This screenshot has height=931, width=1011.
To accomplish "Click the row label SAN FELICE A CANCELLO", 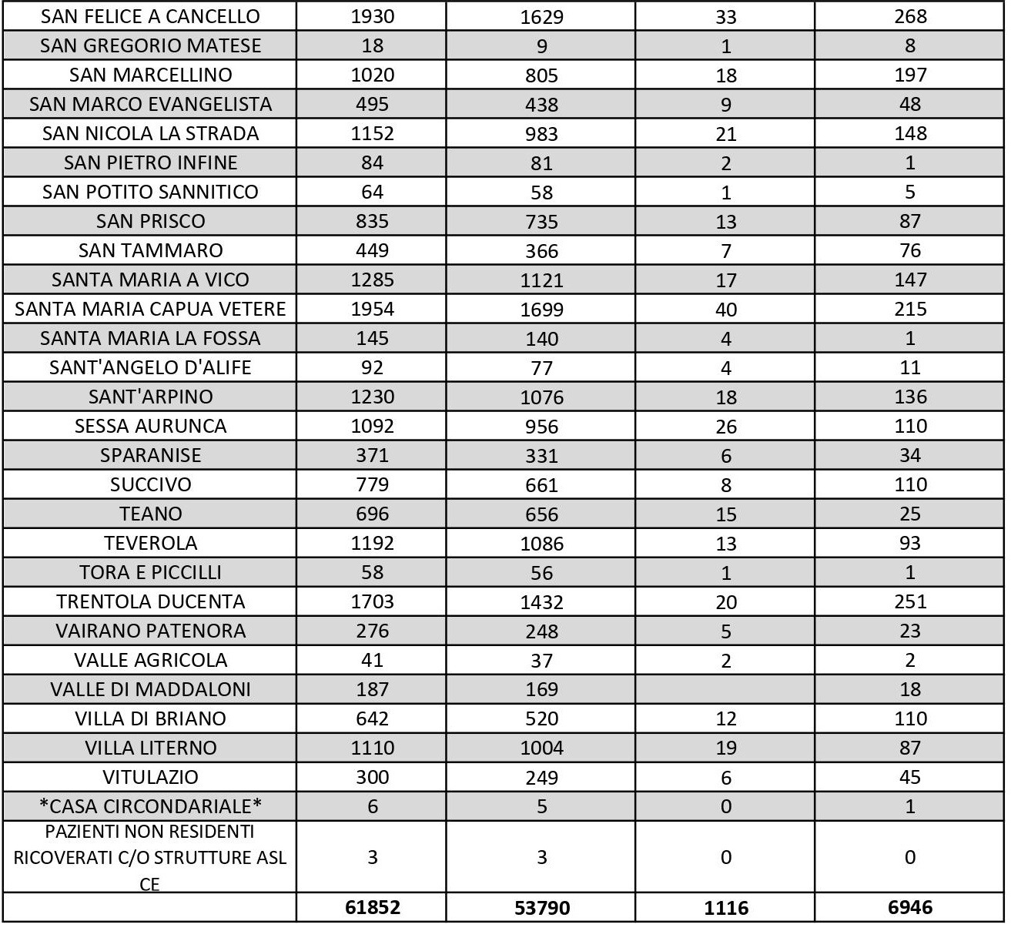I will pyautogui.click(x=150, y=16).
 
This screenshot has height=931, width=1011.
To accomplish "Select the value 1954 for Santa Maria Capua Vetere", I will pyautogui.click(x=372, y=309).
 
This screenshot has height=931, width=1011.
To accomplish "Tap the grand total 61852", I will pyautogui.click(x=372, y=907).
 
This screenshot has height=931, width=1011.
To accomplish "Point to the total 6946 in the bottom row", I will pyautogui.click(x=910, y=907).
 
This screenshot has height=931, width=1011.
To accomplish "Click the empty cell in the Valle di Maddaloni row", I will pyautogui.click(x=725, y=689).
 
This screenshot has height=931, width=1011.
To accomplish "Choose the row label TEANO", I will pyautogui.click(x=150, y=514).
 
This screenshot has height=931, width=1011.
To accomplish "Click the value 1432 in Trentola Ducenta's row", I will pyautogui.click(x=541, y=602).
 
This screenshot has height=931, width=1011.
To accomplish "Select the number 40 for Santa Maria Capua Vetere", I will pyautogui.click(x=725, y=310).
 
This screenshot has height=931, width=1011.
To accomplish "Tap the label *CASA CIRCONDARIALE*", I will pyautogui.click(x=150, y=806).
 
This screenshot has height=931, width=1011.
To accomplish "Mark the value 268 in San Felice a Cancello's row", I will pyautogui.click(x=910, y=16).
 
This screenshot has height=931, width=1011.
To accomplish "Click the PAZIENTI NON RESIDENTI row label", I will pyautogui.click(x=150, y=857).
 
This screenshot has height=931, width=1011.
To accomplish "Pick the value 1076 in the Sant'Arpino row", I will pyautogui.click(x=541, y=397).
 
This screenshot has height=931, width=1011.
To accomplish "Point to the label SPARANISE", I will pyautogui.click(x=150, y=455).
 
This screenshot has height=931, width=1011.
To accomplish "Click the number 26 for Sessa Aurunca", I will pyautogui.click(x=725, y=427).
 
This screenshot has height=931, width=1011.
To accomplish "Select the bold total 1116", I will pyautogui.click(x=725, y=908).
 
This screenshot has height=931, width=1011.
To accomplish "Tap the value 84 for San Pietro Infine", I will pyautogui.click(x=372, y=162).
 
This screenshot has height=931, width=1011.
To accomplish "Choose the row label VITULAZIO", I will pyautogui.click(x=150, y=777).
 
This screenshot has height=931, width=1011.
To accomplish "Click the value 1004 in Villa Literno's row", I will pyautogui.click(x=541, y=748).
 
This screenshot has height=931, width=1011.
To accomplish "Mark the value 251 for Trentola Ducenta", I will pyautogui.click(x=910, y=601).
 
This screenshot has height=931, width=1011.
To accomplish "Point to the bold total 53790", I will pyautogui.click(x=541, y=908).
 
